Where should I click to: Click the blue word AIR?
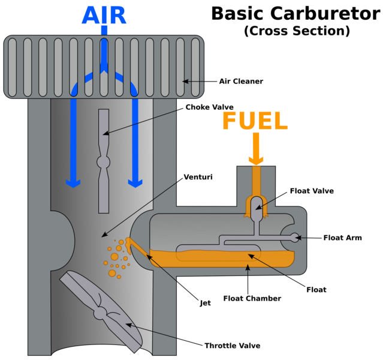click(x=104, y=15)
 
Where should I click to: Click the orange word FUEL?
click(x=255, y=121)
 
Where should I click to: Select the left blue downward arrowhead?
click(x=73, y=182)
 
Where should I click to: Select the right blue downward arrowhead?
click(x=135, y=182)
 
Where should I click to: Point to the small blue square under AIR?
click(x=104, y=29)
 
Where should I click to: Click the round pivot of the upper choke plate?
click(x=104, y=162)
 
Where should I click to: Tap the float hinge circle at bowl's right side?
click(x=294, y=238)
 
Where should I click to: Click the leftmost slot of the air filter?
click(x=12, y=67)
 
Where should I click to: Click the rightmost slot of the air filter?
click(x=195, y=67)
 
